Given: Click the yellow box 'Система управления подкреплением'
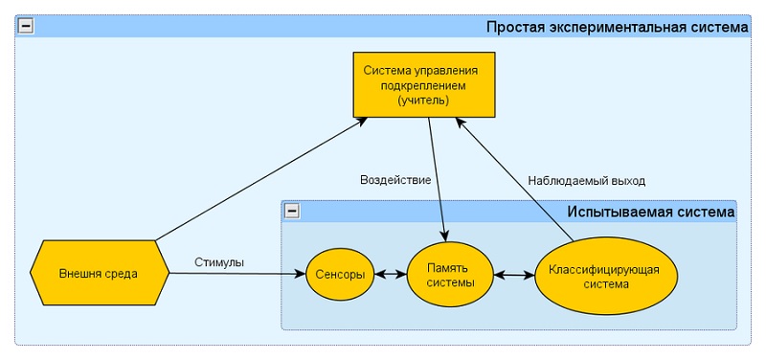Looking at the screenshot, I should pyautogui.click(x=422, y=84).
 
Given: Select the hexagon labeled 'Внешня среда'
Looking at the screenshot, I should pyautogui.click(x=99, y=273).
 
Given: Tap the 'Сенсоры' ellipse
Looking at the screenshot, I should pyautogui.click(x=340, y=274).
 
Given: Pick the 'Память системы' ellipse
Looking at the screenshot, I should pyautogui.click(x=450, y=274).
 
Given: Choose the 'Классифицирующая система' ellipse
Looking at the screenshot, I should pyautogui.click(x=603, y=275).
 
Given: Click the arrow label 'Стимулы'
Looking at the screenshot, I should pyautogui.click(x=219, y=261).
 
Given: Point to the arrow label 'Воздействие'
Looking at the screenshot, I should pyautogui.click(x=394, y=179).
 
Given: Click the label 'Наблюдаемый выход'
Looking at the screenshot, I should pyautogui.click(x=586, y=180).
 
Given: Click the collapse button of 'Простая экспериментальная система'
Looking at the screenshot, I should pyautogui.click(x=26, y=27).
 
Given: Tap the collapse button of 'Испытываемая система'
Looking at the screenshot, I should pyautogui.click(x=292, y=211).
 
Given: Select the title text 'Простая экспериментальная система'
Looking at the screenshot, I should pyautogui.click(x=617, y=28).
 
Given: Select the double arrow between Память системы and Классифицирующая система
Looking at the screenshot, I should pyautogui.click(x=513, y=275).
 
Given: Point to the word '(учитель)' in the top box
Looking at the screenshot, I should pyautogui.click(x=422, y=100).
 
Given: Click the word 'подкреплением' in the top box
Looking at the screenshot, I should pyautogui.click(x=422, y=85).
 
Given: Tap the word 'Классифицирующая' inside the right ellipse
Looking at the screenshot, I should pyautogui.click(x=603, y=267).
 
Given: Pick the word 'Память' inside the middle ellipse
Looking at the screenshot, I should pyautogui.click(x=450, y=266).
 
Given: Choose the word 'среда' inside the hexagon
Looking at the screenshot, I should pyautogui.click(x=122, y=273).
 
